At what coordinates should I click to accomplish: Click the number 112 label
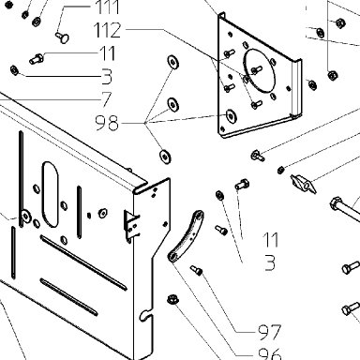(x=107, y=30)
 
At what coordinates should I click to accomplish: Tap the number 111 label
(x=108, y=7)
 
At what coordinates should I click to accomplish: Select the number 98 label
(x=107, y=123)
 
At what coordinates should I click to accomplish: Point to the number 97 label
(x=270, y=333)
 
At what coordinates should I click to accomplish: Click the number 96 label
(x=270, y=354)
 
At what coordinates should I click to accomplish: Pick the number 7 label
(x=106, y=99)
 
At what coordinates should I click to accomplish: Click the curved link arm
(x=186, y=237)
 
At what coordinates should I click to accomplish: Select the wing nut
(x=303, y=184)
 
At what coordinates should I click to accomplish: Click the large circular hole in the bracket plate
(x=260, y=70)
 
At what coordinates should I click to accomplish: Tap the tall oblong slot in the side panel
(x=51, y=194)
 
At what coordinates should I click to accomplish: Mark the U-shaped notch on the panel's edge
(x=145, y=315)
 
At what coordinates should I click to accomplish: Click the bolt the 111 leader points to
(x=63, y=37)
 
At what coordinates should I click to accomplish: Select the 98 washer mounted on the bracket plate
(x=231, y=115)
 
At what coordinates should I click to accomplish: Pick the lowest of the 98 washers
(x=165, y=156)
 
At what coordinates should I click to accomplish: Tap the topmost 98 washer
(x=172, y=62)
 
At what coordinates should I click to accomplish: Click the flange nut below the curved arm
(x=172, y=299)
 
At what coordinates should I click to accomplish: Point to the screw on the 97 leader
(x=196, y=270)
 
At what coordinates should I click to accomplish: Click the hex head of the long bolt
(x=336, y=202)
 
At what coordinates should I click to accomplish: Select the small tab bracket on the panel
(x=131, y=225)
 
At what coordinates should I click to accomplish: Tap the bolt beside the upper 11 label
(x=37, y=58)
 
